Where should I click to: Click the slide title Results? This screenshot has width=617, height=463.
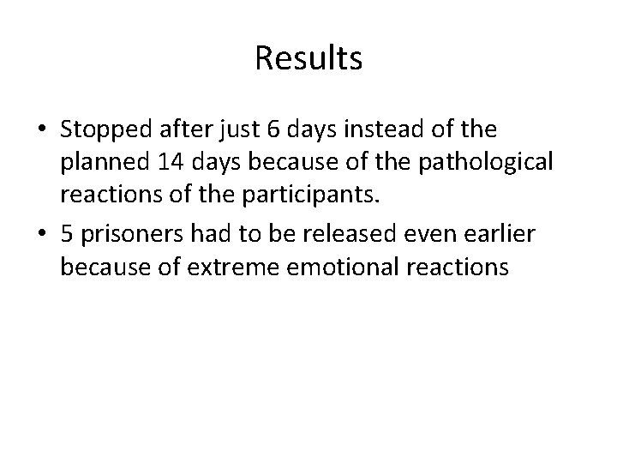tap(308, 58)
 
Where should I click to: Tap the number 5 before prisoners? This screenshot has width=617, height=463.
tap(67, 234)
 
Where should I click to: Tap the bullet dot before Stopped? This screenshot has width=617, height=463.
tap(42, 130)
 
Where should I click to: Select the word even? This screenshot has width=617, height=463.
tap(398, 234)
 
